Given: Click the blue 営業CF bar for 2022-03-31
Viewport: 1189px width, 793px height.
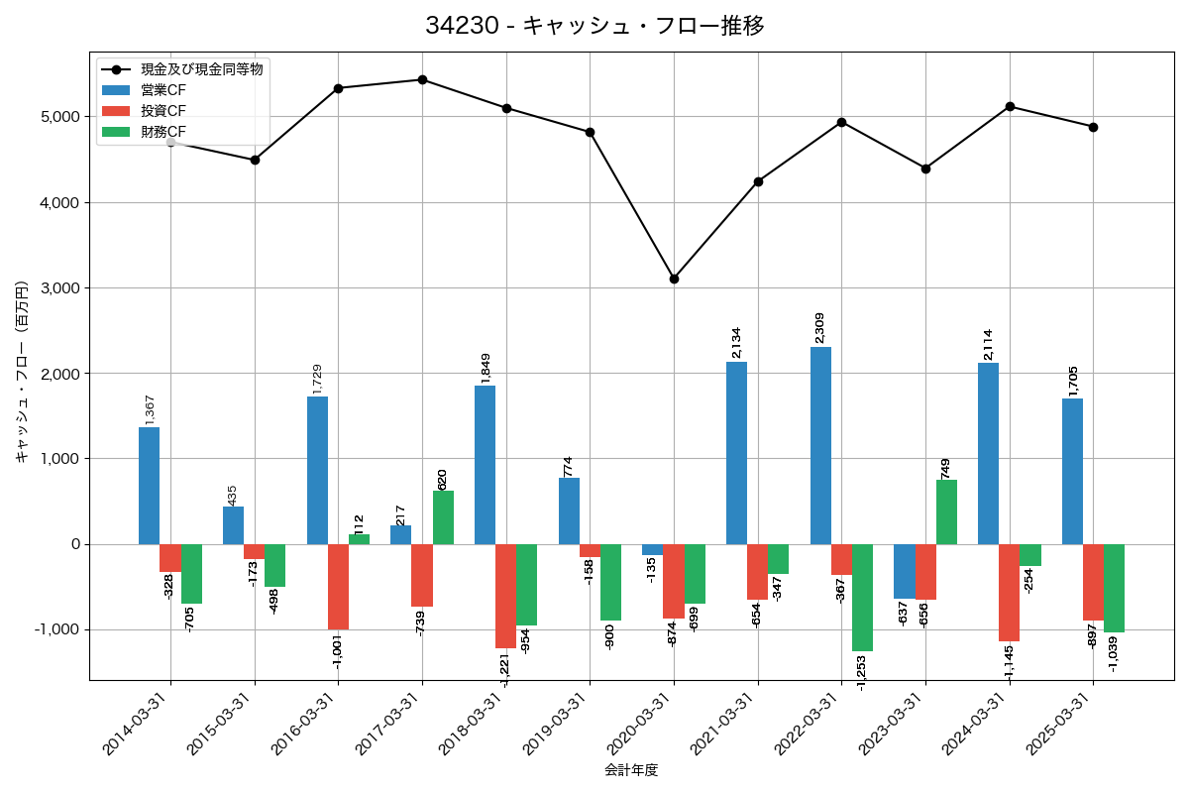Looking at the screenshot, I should coord(820,445).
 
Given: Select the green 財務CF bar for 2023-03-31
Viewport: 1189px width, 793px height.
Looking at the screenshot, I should coord(946,511).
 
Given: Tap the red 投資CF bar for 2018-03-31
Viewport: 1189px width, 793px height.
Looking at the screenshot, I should coord(505,596).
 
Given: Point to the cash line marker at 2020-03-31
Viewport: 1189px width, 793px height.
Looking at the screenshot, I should coord(674,279).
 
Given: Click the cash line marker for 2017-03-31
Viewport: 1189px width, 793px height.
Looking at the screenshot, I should coord(422,79).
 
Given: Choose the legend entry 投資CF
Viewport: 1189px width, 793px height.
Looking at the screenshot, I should coord(163,110).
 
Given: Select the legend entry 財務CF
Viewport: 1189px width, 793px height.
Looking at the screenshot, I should coord(163,131).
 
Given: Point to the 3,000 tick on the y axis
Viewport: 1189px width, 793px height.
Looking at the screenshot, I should coord(59,288).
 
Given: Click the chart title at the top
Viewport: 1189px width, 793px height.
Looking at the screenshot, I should coord(594,26).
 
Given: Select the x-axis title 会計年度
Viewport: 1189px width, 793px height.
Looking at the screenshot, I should coord(631,770).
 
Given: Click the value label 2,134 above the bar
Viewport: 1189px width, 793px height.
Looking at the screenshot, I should coord(735,342).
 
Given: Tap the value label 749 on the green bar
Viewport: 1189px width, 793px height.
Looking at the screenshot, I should coord(945,468).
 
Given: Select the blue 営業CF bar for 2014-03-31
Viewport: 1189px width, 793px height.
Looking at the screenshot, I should coord(149,486).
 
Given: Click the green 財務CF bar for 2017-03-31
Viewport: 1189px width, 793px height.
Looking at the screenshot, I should coord(443,517).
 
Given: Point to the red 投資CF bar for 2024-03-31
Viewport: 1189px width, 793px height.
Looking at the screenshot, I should coord(1009,593).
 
